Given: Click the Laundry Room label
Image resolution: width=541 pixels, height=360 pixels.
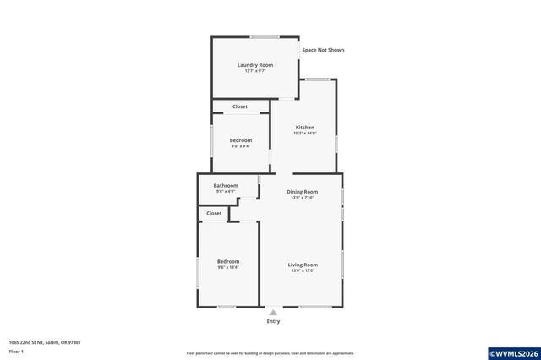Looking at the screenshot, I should coord(254,65).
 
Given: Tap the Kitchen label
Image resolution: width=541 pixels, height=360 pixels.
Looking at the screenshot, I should coord(304,128).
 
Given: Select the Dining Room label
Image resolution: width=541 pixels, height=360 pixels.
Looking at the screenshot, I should coord(302,192).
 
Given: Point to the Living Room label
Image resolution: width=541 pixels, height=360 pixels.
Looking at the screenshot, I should coord(303,265).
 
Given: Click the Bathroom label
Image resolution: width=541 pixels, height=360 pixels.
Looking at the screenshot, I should coord(226,185).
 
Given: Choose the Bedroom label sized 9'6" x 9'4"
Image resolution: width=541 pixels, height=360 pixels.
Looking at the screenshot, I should coord(241,140).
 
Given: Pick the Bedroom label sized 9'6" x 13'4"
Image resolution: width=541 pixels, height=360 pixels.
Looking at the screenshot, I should coord(228,261).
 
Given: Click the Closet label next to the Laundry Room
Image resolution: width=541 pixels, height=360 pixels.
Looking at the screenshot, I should coord(240,106).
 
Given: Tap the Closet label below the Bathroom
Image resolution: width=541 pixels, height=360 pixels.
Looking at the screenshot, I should coord(214,213).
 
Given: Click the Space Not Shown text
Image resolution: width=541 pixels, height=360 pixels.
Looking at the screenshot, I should coord(323,50).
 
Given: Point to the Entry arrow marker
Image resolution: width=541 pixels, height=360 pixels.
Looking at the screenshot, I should coord(273,311).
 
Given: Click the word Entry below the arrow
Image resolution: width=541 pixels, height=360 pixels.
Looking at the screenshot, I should coord(273,321).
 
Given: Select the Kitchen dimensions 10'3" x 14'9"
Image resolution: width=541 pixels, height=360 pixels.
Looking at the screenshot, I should coord(304,134).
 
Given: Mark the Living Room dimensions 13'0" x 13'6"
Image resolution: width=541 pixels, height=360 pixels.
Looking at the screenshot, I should coord(303,270).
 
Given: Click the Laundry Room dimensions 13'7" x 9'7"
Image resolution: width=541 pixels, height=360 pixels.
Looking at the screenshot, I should coord(254,71).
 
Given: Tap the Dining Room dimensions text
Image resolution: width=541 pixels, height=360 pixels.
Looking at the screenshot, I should coord(302,198).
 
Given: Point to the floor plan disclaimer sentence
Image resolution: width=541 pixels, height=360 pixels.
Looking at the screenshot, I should coord(270,353).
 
